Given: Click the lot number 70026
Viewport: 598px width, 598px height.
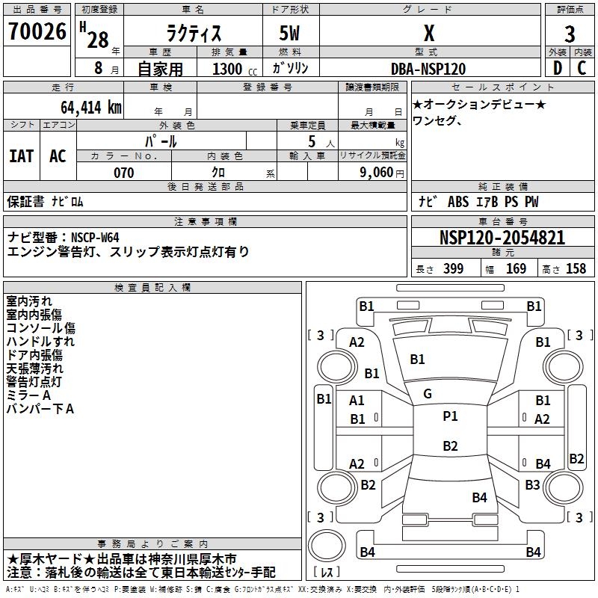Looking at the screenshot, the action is click(37, 31).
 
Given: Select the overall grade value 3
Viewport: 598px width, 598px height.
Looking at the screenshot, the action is click(570, 34).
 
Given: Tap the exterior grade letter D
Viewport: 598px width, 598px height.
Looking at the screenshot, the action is click(558, 68).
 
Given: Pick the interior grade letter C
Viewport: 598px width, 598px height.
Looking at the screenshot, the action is click(582, 68).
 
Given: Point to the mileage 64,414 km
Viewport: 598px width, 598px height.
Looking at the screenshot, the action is click(91, 108).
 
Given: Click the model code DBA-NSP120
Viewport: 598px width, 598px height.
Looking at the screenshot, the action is click(428, 69).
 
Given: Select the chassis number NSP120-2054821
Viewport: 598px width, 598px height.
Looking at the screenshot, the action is click(502, 238).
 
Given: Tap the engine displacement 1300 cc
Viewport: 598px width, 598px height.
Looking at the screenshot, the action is click(235, 69).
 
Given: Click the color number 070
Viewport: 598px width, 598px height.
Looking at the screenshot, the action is click(124, 173).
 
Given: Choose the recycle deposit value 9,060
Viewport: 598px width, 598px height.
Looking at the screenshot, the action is click(377, 173).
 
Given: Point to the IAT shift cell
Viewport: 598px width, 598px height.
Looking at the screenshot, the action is click(22, 156).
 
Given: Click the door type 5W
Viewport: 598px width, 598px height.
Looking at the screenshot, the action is click(289, 33).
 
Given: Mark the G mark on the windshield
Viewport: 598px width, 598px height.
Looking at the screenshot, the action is click(428, 394).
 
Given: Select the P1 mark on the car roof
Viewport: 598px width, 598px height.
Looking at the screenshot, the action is click(450, 416).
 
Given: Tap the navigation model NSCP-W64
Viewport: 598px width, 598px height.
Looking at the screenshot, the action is click(95, 238).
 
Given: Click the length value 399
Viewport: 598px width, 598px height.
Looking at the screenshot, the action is click(453, 268).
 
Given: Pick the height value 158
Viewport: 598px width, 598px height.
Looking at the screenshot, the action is click(576, 268).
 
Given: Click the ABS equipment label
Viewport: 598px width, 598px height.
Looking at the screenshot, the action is click(458, 202).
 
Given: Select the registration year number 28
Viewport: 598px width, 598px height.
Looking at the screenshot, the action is click(98, 40).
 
